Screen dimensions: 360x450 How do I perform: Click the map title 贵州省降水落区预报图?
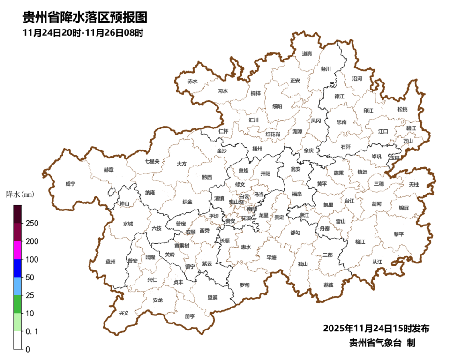(85, 17)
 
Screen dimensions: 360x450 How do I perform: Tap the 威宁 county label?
(70, 184)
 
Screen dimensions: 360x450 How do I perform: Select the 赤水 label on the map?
(193, 81)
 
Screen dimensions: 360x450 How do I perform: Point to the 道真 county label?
(307, 53)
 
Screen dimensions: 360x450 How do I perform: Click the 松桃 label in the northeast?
(402, 109)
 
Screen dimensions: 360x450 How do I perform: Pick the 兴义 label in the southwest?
(123, 313)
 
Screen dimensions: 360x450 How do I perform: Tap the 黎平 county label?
(398, 234)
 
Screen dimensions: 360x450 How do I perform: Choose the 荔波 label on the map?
(329, 285)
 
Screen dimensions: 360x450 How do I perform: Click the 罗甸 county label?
(245, 285)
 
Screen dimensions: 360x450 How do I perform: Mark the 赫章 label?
(108, 169)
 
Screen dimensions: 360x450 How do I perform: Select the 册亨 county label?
(190, 316)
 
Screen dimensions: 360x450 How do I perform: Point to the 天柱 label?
(414, 185)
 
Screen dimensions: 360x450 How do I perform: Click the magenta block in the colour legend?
(18, 250)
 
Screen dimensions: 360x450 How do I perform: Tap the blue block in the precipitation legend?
(18, 268)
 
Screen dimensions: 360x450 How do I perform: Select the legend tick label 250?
(32, 223)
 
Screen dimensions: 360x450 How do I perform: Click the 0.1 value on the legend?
(31, 331)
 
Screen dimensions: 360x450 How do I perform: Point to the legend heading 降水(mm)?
(20, 194)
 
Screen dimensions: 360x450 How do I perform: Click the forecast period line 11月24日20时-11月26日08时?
(82, 33)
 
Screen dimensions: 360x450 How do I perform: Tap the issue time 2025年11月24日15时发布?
(376, 328)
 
